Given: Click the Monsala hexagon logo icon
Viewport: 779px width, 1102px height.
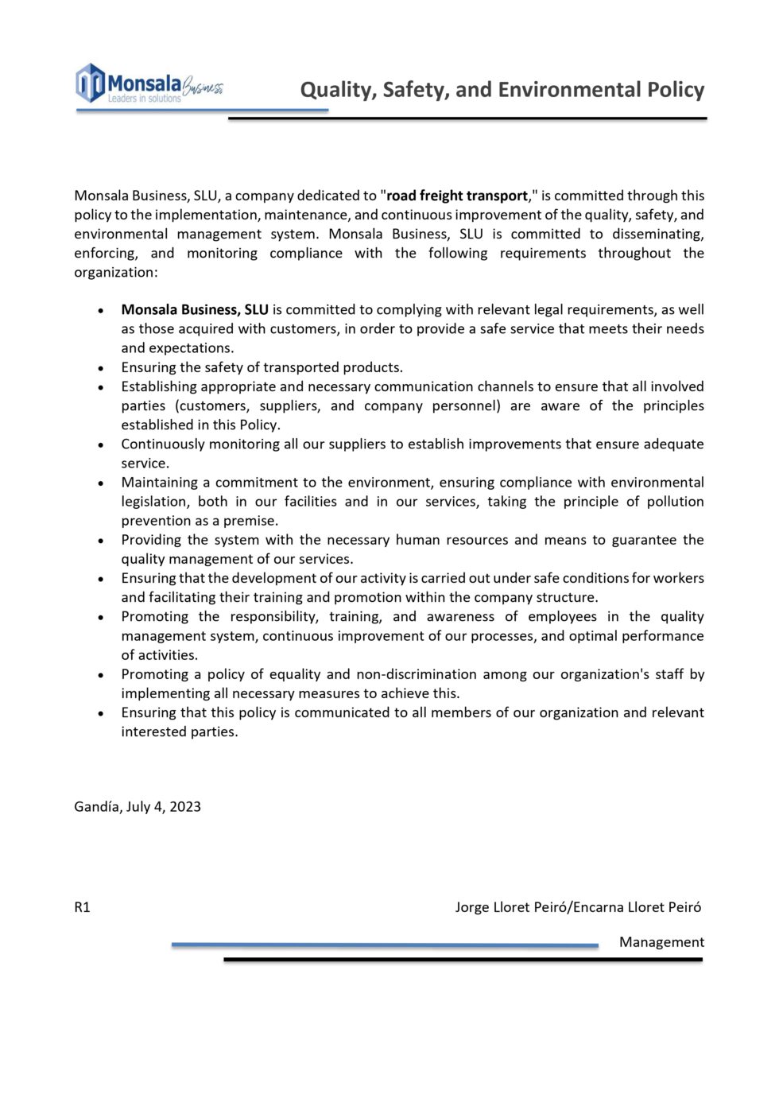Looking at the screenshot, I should tap(90, 83).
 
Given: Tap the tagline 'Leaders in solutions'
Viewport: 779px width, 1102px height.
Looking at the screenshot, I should tap(144, 99).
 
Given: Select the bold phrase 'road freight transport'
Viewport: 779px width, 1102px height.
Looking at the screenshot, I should tap(457, 196).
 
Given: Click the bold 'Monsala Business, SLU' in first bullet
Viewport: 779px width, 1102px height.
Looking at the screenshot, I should tap(195, 310).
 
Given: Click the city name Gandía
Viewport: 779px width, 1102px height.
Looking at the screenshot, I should tap(97, 806).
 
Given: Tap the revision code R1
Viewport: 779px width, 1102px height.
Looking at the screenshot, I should tap(82, 907).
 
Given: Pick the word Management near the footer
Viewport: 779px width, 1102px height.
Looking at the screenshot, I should tap(661, 942).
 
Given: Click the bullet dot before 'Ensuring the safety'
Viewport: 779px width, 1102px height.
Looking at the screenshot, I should tap(101, 368).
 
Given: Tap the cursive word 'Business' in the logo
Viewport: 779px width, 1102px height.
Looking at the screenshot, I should tap(203, 87).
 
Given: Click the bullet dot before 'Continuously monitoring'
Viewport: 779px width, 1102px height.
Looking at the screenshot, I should tap(101, 445).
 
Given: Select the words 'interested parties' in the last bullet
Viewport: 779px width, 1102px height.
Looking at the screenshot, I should tap(179, 731).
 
